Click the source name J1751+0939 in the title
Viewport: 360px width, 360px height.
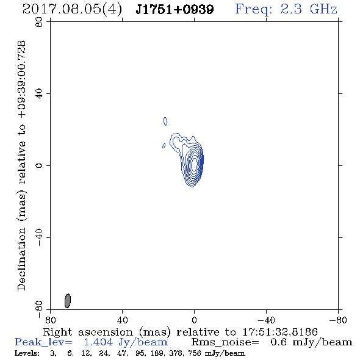point(175,9)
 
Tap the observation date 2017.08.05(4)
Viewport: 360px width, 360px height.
point(73,10)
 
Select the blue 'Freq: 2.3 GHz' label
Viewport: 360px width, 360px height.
point(286,9)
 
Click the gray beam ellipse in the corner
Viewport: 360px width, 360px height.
point(68,301)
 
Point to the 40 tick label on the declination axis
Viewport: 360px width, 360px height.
point(39,94)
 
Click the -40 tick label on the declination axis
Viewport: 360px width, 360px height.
point(39,237)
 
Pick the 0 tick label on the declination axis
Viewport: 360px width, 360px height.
point(39,165)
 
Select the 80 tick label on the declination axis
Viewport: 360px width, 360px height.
point(39,22)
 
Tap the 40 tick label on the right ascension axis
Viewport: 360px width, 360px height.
point(122,320)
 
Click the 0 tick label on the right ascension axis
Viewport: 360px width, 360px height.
point(194,320)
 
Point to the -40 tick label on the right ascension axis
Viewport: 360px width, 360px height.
point(266,320)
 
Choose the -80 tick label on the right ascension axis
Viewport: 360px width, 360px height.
point(338,320)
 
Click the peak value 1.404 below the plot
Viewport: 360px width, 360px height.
point(98,342)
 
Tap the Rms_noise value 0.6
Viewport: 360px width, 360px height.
point(278,342)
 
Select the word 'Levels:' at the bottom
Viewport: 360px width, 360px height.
point(27,353)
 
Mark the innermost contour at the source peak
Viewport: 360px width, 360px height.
point(194,164)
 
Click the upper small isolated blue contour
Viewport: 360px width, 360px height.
point(165,121)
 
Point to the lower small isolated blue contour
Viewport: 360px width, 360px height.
point(164,146)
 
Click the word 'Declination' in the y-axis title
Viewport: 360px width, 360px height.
point(21,259)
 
